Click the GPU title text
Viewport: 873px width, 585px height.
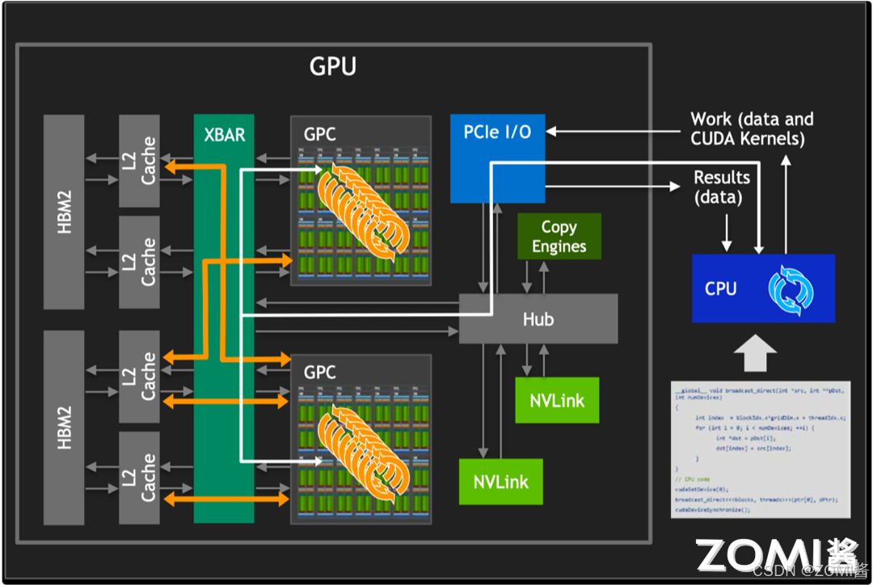pos(332,66)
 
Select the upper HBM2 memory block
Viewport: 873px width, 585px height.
pos(64,212)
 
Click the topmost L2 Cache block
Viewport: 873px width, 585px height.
pos(140,161)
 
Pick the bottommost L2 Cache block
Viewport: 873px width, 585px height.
pos(140,477)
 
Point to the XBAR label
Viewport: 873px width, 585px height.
pos(224,134)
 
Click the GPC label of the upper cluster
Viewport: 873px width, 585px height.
pos(319,134)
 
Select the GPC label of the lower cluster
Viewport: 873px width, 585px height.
pos(319,372)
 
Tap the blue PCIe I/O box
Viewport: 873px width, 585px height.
pos(497,158)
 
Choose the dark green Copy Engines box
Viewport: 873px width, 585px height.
pos(559,237)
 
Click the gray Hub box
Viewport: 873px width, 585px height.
pos(538,318)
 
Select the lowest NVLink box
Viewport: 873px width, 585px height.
pos(500,482)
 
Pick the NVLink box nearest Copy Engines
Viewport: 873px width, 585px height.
pos(557,400)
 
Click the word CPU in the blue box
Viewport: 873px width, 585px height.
pos(720,288)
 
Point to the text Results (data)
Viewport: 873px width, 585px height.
pos(722,187)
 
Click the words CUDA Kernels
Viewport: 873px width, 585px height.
pos(747,139)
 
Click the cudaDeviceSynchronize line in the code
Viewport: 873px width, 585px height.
pos(713,510)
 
